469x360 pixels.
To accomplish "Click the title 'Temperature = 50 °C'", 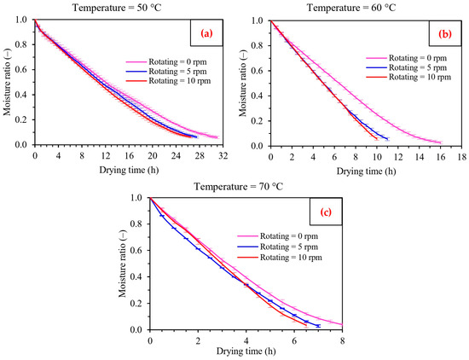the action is coord(117,8).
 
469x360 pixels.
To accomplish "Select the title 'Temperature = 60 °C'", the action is coord(351,8).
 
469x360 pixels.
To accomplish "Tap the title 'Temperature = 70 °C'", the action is coord(239,187).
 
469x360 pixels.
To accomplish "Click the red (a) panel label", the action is coord(206,33).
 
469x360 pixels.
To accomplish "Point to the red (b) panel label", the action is coord(445,34).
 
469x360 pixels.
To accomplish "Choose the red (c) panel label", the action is coord(326,212).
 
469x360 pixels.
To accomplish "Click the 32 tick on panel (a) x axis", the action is coord(223,155).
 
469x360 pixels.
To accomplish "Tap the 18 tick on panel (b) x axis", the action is coord(462,157).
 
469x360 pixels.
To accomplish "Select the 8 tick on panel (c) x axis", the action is coord(342,340).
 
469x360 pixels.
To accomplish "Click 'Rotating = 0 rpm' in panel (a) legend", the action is coord(177,62).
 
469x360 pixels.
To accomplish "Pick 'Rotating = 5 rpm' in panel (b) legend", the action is coord(418,67).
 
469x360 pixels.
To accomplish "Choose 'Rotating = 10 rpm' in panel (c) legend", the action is coord(291,258).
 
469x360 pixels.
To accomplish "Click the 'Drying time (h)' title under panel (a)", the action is coord(129,170).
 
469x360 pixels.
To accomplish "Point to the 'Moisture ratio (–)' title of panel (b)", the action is coord(242,84).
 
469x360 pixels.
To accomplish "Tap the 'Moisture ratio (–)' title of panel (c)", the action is coord(123,264).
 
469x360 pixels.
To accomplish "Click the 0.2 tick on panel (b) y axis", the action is coord(260,121).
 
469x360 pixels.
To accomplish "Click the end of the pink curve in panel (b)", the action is coord(441,142).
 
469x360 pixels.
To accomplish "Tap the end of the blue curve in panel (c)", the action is coord(319,326).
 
